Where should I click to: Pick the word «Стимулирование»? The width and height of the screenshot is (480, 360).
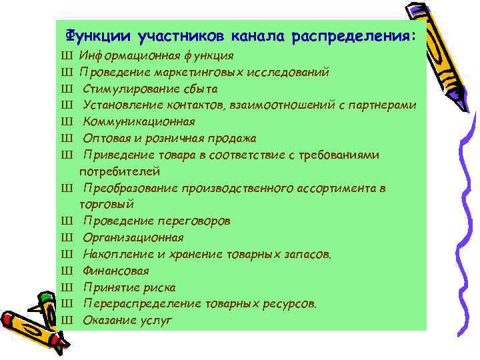(124, 89)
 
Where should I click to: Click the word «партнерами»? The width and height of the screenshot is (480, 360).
(385, 105)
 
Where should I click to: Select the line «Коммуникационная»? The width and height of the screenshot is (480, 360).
(139, 121)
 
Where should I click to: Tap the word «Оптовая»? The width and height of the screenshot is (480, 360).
(104, 138)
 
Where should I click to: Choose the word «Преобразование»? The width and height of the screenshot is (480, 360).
(127, 188)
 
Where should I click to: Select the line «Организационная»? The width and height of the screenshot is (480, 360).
(133, 237)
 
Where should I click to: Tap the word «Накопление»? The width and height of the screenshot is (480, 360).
(114, 254)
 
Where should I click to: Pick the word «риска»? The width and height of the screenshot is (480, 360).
(159, 287)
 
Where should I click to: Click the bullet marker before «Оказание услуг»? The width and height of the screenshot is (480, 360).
(66, 321)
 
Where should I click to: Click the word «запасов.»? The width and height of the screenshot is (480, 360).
(308, 254)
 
